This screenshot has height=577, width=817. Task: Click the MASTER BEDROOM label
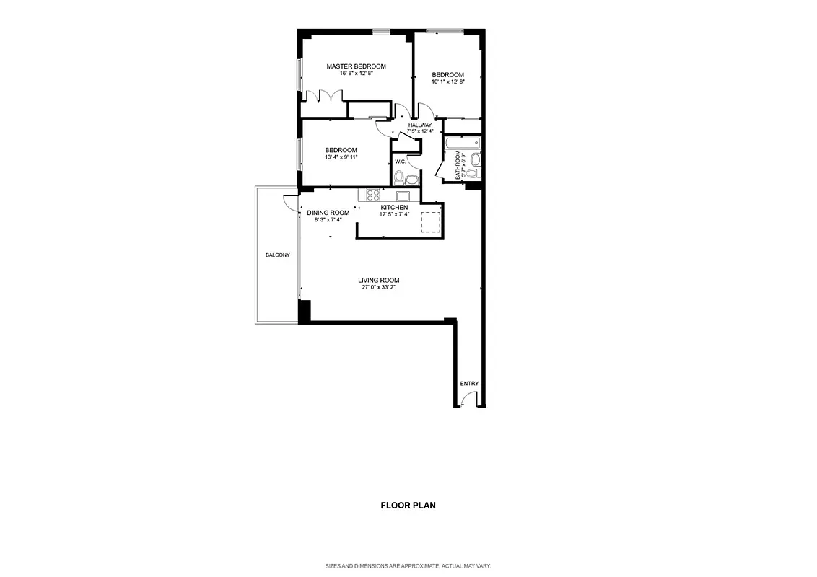(x=356, y=66)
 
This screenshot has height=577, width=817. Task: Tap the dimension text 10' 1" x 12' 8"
(x=447, y=82)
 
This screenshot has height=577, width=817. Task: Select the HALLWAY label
(x=419, y=125)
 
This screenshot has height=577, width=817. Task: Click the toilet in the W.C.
(x=411, y=178)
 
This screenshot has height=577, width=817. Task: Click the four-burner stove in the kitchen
(x=373, y=195)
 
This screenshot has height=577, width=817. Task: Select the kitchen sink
(x=403, y=195)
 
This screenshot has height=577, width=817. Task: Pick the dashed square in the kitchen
(x=430, y=222)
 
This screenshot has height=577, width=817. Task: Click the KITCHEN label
(x=394, y=207)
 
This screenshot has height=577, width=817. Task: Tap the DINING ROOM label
(x=328, y=213)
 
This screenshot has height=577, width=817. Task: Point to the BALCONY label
(x=277, y=255)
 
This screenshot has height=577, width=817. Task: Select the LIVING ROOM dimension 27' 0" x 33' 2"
(x=378, y=287)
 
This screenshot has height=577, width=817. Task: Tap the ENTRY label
(x=469, y=384)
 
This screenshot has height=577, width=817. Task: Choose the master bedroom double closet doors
(x=324, y=97)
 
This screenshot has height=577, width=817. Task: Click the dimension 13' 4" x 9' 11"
(x=341, y=157)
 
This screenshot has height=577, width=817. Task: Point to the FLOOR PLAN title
(x=408, y=506)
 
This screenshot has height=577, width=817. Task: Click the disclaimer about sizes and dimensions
(x=408, y=566)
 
